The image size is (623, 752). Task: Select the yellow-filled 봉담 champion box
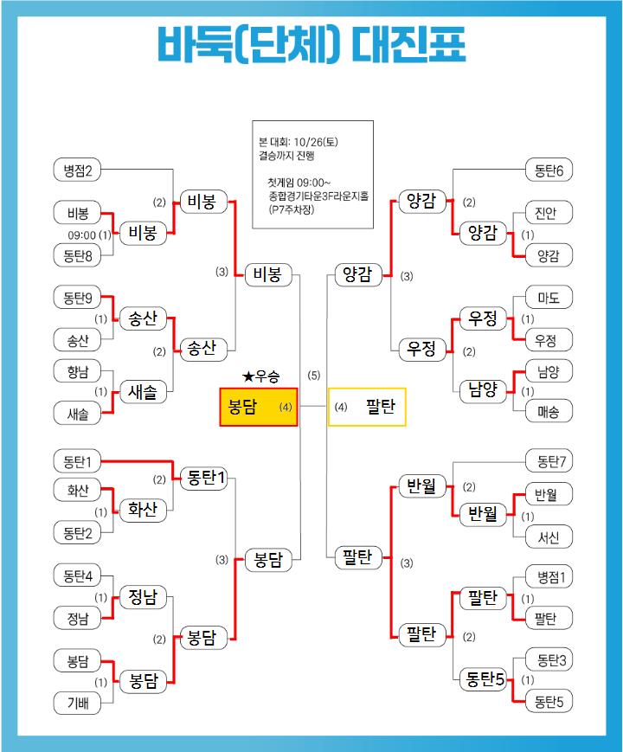[x=258, y=406]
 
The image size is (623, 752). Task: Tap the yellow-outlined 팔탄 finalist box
[x=367, y=406]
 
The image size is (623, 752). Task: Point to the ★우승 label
[x=261, y=376]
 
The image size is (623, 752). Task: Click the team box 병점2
[x=77, y=170]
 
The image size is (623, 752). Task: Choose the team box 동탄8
[x=77, y=254]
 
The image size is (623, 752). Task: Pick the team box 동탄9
[x=77, y=298]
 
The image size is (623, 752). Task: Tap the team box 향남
[x=77, y=371]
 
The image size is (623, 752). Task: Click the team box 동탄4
[x=77, y=575]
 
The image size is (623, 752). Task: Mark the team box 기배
[x=77, y=703]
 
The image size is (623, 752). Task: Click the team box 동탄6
[x=549, y=170]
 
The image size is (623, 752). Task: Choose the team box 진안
[x=549, y=213]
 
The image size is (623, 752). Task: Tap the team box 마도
[x=549, y=298]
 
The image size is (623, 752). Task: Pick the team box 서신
[x=549, y=537]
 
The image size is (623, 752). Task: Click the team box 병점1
[x=549, y=576]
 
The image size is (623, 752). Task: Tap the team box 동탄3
[x=549, y=660]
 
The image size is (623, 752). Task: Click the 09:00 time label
[x=81, y=234]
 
